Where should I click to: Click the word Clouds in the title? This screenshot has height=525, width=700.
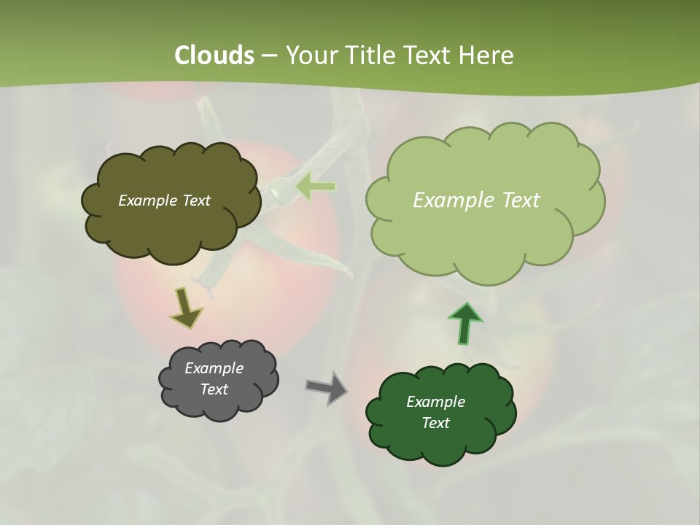[214, 55]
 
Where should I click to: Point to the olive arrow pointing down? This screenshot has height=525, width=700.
[186, 307]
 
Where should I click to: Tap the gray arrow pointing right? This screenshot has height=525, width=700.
[326, 387]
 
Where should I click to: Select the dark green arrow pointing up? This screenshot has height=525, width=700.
[465, 323]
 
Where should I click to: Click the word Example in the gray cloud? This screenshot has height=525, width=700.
[214, 368]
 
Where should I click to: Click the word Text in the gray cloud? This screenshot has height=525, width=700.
[214, 389]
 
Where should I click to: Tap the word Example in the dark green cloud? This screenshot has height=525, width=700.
[435, 402]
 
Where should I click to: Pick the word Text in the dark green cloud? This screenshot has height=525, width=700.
[435, 423]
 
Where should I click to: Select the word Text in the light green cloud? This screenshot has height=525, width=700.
[519, 201]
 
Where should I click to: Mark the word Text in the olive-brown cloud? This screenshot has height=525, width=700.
[196, 201]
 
